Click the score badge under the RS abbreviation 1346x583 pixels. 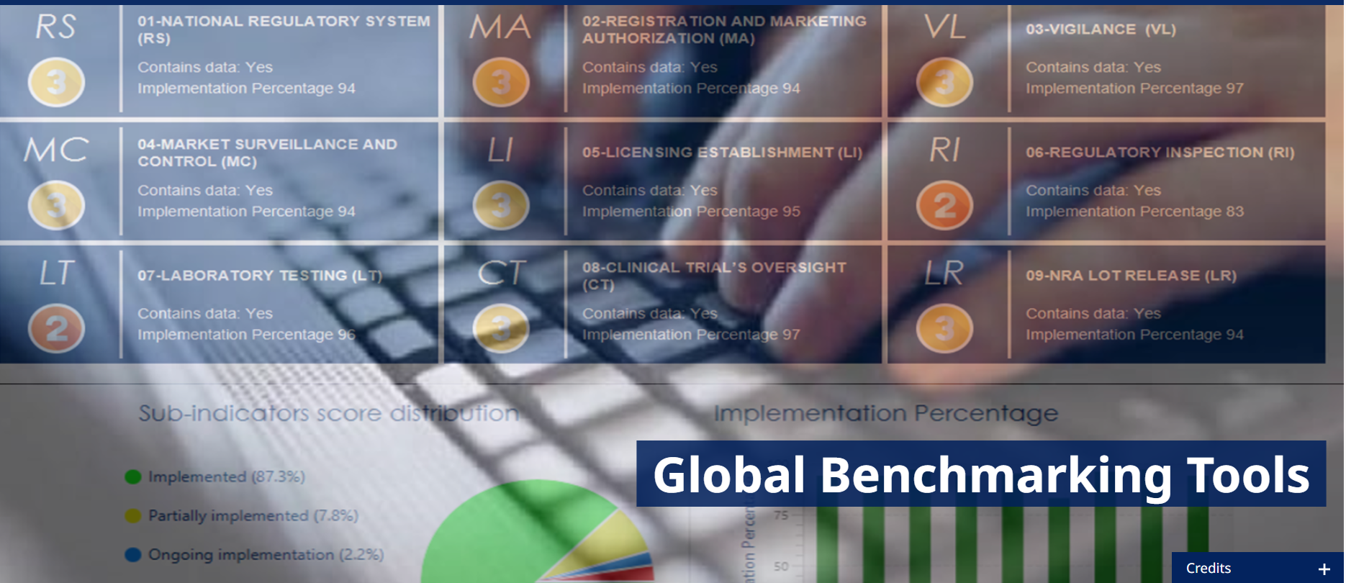[56, 83]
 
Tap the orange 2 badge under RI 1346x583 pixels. [944, 206]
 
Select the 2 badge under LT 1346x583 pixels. [56, 329]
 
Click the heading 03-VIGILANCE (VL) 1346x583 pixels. [1101, 30]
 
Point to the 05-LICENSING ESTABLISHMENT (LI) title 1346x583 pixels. [722, 153]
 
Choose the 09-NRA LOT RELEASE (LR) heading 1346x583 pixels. [1131, 276]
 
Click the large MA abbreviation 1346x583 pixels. [500, 28]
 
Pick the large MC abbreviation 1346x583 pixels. [56, 150]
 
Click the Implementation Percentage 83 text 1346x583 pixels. [1134, 212]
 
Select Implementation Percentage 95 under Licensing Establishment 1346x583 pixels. [691, 212]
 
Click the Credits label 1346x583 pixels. [1208, 568]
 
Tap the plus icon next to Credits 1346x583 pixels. [1324, 569]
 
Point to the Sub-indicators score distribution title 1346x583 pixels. [328, 413]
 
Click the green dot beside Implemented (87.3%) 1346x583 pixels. [133, 476]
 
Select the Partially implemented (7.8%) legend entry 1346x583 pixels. [253, 515]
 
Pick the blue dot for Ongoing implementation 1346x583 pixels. [133, 554]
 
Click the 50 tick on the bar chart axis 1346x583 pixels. [781, 566]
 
